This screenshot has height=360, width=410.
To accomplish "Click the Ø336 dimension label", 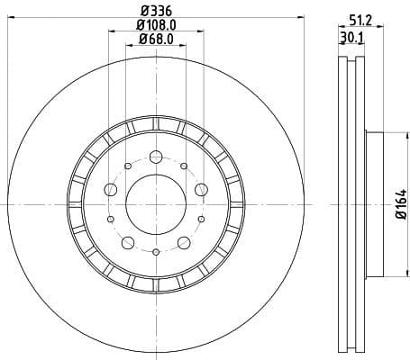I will pos(155,10).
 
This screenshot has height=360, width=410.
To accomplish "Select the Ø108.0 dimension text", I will pos(155,25).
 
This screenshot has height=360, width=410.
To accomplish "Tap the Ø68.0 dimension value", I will pos(155,41).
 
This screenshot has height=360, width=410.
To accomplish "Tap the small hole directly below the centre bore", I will pos(155,253).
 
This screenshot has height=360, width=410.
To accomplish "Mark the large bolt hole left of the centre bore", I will pos(111,189).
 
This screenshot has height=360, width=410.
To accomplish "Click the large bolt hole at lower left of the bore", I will pos(128,241).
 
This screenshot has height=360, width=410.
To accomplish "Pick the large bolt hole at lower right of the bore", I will pos(183,241).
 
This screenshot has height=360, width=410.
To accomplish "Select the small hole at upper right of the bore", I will pos(183,165).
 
